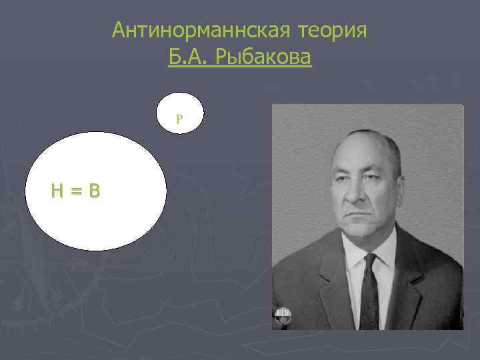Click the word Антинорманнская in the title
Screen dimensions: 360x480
point(189,30)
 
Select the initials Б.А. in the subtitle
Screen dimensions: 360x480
point(189,58)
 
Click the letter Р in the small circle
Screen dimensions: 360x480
point(179,119)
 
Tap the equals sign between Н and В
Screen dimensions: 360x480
point(76,191)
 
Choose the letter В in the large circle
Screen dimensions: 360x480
point(94,191)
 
